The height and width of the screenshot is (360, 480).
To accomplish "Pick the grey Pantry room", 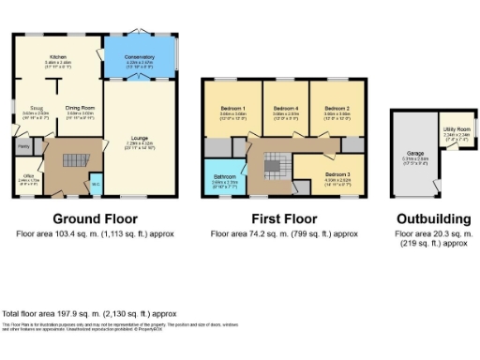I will click(22, 146).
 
